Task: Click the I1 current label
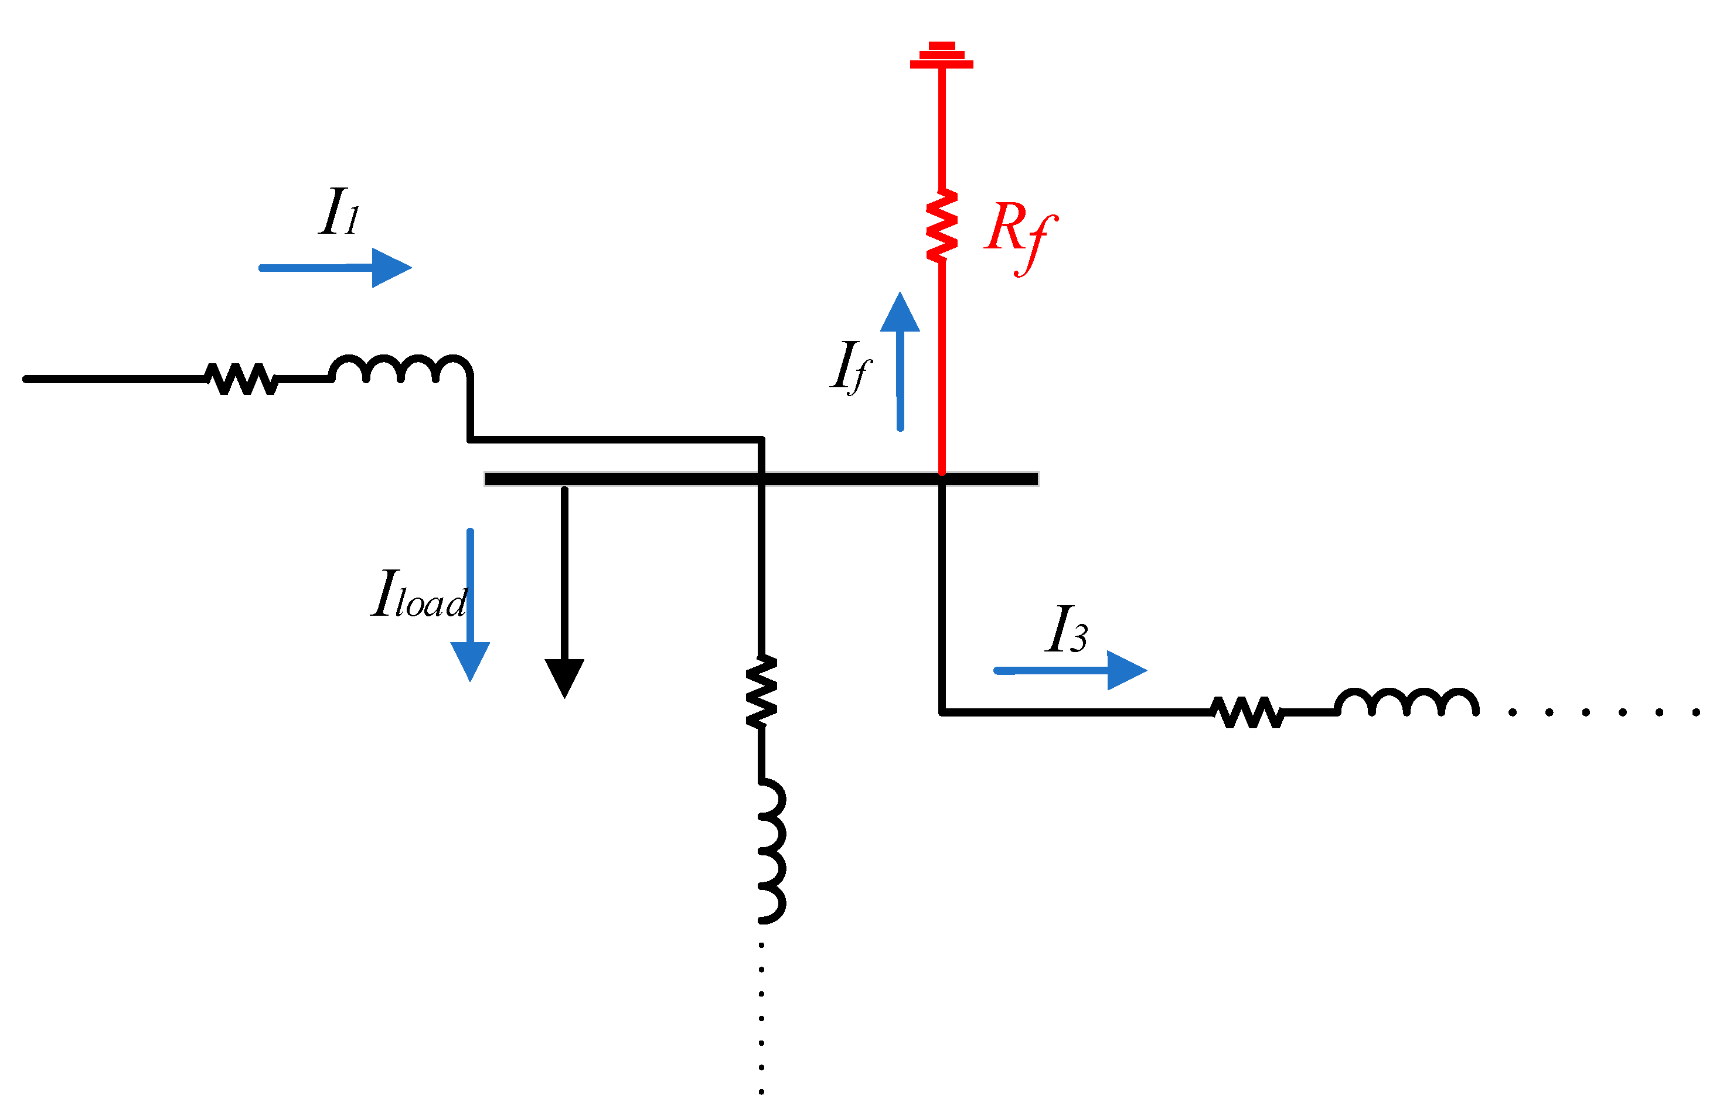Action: point(339,211)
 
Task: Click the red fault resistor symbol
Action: point(941,227)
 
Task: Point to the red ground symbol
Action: point(941,56)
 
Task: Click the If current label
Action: point(850,366)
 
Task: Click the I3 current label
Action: point(1067,630)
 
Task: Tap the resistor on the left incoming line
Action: point(241,378)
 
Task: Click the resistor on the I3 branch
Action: point(1247,712)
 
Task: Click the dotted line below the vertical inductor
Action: point(761,1017)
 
